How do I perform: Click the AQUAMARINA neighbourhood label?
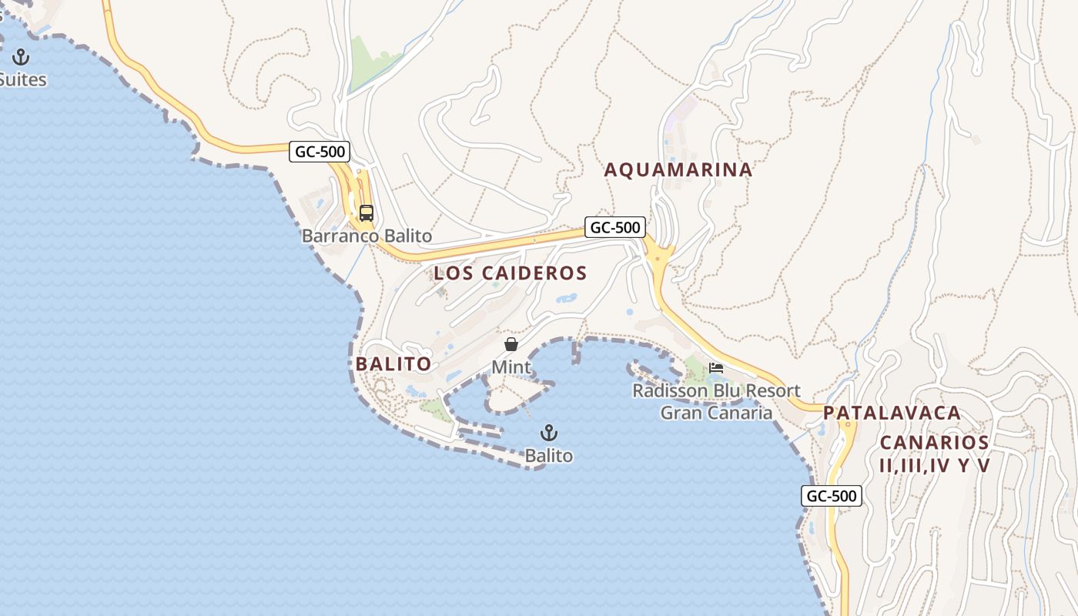click(678, 170)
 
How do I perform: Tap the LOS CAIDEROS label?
click(510, 273)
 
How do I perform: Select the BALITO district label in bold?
click(393, 364)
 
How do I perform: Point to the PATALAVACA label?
click(892, 413)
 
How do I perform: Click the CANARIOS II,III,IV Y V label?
click(934, 454)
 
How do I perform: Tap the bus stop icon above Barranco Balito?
click(367, 213)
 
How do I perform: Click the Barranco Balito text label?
click(367, 236)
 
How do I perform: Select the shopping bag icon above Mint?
click(511, 344)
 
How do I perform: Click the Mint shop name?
click(511, 367)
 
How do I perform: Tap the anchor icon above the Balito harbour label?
click(549, 433)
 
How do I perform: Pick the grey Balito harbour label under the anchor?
click(549, 456)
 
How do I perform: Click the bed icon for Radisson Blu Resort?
click(716, 368)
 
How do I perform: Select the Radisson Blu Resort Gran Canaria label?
click(716, 402)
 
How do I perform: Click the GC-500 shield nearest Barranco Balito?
click(320, 152)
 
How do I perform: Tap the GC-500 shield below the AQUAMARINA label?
click(615, 227)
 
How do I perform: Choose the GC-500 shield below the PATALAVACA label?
click(831, 496)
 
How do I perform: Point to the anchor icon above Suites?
click(21, 57)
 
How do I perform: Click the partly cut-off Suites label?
click(23, 80)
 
